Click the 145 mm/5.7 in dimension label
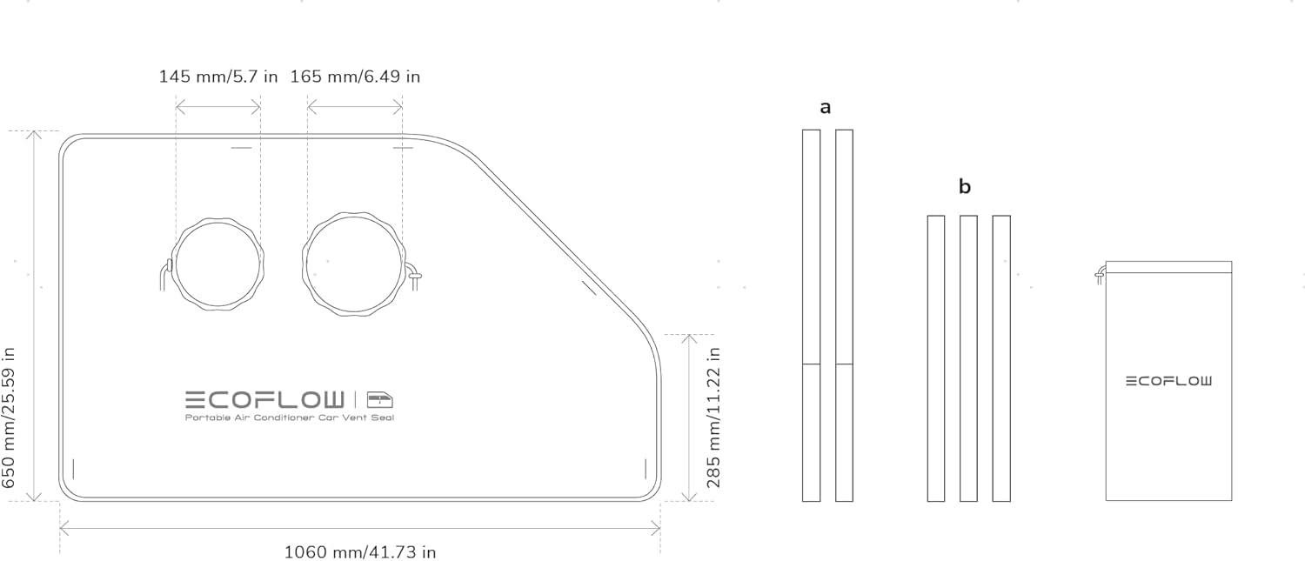tap(218, 77)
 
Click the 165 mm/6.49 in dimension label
tap(355, 77)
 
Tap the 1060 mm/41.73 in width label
tap(360, 551)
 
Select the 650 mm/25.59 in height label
tap(10, 417)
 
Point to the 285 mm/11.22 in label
tap(713, 417)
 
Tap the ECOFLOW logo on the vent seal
tap(264, 399)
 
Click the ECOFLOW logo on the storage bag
tap(1168, 381)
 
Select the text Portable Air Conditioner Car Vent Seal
tap(290, 417)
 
